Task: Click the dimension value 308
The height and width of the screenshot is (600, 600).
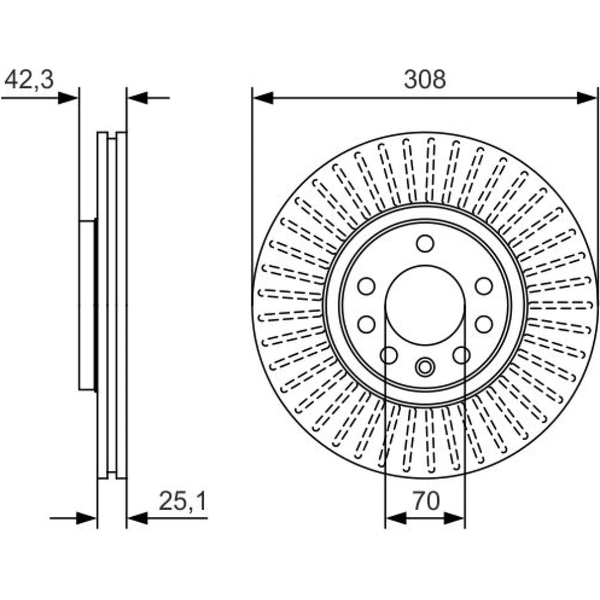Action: click(425, 80)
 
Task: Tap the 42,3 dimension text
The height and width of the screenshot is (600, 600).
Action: click(29, 80)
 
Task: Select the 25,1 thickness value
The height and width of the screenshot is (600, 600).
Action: click(182, 501)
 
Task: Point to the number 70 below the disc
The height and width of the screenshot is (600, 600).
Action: click(426, 501)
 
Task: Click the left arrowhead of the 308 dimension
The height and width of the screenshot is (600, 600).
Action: click(263, 98)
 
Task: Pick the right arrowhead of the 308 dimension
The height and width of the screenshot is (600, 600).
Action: click(586, 98)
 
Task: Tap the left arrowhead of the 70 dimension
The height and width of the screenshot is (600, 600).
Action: click(395, 519)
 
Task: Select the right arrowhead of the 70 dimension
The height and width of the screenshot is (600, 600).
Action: click(454, 519)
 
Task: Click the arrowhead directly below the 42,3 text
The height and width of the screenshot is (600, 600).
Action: click(68, 98)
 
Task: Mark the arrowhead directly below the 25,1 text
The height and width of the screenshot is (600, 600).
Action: click(137, 518)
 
